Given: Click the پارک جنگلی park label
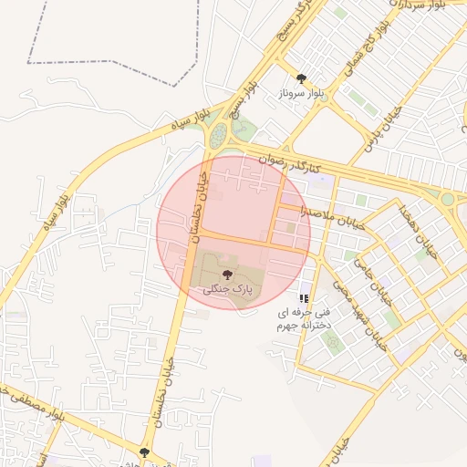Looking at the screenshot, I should click(x=227, y=288).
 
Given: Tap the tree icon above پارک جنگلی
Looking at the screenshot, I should click(x=227, y=274).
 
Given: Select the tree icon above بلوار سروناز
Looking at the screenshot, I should click(x=302, y=79).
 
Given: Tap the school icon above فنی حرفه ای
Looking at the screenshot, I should click(x=304, y=298).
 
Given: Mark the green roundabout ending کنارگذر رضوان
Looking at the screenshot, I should click(x=448, y=198).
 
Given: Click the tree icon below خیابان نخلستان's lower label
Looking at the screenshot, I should click(x=144, y=451).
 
